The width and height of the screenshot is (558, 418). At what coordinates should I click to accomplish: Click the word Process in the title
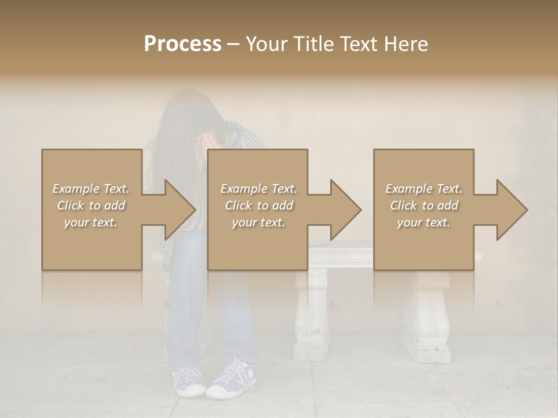[183, 44]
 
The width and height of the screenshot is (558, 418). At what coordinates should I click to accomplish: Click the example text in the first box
[91, 206]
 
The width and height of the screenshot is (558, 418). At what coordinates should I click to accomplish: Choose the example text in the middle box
[259, 206]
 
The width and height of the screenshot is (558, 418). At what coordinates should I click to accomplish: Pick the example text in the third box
[424, 206]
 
